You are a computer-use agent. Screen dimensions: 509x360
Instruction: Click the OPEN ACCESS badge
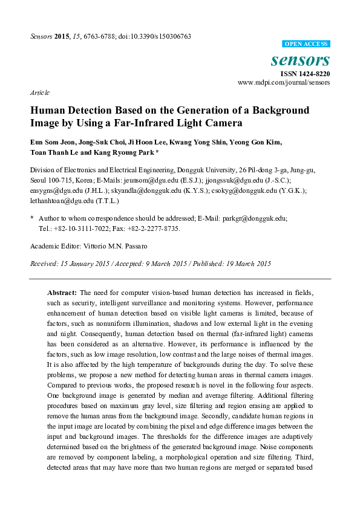click(x=307, y=44)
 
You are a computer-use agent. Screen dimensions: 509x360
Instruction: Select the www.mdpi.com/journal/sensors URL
click(x=284, y=82)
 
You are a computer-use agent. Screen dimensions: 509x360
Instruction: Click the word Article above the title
click(x=39, y=93)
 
